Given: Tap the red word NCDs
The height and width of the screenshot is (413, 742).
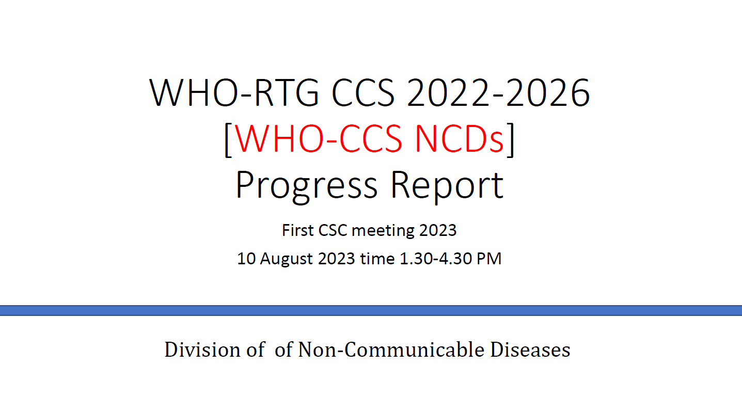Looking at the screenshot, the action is (459, 139).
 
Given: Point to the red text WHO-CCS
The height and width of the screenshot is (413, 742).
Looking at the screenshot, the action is (318, 139).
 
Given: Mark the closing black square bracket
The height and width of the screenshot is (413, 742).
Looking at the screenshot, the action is (511, 139).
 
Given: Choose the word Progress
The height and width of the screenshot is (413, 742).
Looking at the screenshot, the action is (307, 186).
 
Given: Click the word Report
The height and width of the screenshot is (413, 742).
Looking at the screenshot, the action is (447, 186).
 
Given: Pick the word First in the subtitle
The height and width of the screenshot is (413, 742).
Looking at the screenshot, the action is (297, 230).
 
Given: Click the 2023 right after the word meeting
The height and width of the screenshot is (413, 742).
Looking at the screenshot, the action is (438, 230).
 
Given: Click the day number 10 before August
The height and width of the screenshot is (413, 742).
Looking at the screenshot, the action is (246, 258).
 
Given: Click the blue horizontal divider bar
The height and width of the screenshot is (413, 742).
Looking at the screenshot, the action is (371, 310).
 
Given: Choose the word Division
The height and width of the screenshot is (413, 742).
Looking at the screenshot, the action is (202, 350).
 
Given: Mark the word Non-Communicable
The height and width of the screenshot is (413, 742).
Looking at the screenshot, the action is (391, 350).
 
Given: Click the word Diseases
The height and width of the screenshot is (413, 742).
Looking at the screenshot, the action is (530, 350).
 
